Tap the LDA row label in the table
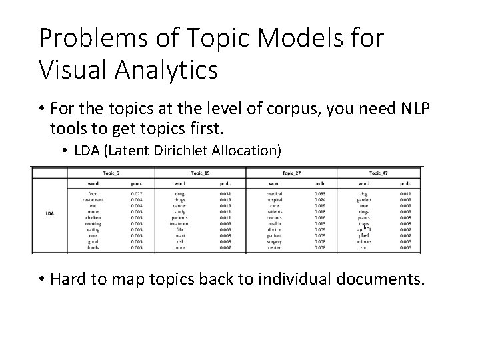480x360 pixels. tap(50, 213)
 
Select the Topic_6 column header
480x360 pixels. tap(110, 171)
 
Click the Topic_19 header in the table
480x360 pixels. tap(201, 171)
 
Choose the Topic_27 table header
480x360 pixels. tap(292, 171)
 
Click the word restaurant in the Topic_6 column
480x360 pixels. tap(93, 199)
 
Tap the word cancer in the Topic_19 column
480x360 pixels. tap(179, 205)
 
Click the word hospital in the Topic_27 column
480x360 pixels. tap(273, 199)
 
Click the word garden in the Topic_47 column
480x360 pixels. tap(363, 199)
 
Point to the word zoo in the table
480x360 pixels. tap(363, 247)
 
